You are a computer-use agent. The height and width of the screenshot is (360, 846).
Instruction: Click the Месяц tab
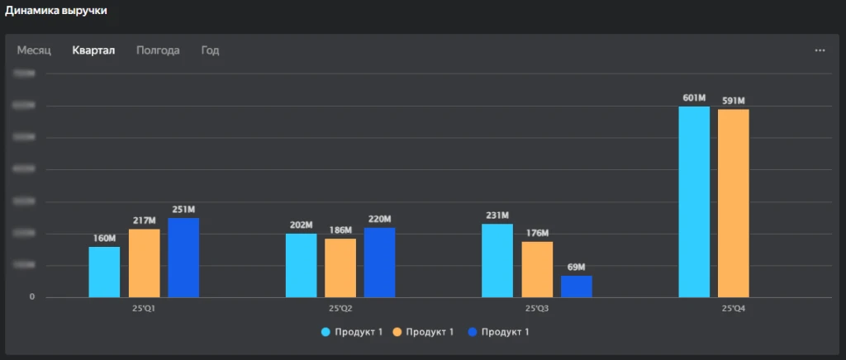point(34,50)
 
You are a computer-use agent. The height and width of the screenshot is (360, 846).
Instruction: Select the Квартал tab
point(93,50)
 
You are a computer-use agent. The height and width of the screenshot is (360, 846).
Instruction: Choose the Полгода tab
point(158,50)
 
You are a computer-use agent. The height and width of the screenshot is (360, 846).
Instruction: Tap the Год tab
point(210,50)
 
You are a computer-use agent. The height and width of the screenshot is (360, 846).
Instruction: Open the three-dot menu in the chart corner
point(820,50)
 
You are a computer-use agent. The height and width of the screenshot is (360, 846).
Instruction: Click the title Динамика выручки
point(55,11)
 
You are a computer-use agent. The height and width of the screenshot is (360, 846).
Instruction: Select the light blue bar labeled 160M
point(104,272)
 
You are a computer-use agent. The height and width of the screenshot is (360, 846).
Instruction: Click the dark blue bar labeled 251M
point(183,257)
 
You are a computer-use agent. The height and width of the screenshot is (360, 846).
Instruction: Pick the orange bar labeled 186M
point(340,268)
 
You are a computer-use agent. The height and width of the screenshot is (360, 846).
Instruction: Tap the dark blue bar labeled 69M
point(577,286)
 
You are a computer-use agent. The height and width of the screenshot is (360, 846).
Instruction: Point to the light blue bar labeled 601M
point(694,201)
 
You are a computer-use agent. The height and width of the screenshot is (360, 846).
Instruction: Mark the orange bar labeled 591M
point(734,203)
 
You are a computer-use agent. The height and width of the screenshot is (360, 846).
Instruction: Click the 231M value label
point(497,216)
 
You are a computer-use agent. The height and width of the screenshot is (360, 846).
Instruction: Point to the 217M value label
point(144,220)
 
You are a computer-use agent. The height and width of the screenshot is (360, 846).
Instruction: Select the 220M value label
point(379,220)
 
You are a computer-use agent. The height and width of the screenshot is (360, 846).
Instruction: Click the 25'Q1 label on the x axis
point(144,309)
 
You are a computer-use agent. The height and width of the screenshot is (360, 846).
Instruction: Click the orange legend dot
point(397,332)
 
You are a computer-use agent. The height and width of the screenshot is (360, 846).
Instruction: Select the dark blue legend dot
point(472,332)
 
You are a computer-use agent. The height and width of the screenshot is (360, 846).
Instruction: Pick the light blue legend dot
point(326,332)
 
